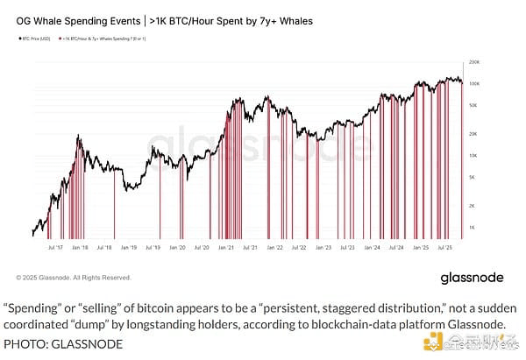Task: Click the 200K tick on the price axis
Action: tap(474, 63)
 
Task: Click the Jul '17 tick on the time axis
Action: tap(53, 248)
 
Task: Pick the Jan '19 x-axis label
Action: tap(128, 248)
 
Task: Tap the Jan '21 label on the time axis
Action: tap(225, 248)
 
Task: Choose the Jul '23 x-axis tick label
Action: tap(349, 248)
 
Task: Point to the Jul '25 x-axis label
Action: tap(446, 248)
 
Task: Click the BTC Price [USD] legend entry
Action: tap(36, 39)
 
